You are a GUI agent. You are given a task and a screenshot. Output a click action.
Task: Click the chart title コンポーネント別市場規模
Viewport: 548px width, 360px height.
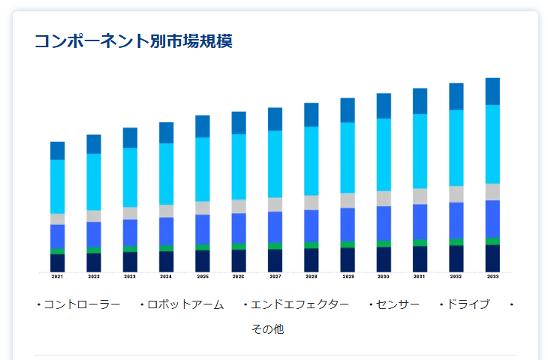click(134, 41)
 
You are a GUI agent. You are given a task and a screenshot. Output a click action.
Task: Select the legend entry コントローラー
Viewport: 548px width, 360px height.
click(82, 304)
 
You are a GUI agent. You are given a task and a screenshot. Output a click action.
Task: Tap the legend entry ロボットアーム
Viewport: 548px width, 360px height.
click(185, 304)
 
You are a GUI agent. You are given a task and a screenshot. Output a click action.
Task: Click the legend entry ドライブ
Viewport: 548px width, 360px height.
click(468, 304)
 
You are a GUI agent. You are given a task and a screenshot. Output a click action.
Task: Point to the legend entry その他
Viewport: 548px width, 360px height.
click(267, 329)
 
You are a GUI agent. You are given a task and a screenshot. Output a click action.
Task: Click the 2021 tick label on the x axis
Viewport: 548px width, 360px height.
click(57, 277)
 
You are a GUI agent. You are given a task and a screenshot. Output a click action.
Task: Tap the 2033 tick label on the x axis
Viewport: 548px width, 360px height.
click(492, 277)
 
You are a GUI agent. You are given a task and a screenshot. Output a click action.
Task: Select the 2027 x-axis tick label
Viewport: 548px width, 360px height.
click(275, 277)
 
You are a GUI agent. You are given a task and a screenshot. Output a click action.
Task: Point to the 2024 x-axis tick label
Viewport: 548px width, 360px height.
click(166, 277)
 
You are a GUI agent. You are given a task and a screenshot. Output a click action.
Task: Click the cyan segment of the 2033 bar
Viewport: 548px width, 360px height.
click(492, 144)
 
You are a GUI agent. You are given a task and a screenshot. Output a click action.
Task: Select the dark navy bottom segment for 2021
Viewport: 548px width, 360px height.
click(57, 262)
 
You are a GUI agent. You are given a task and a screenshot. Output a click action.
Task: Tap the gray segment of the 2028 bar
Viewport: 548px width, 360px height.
click(311, 202)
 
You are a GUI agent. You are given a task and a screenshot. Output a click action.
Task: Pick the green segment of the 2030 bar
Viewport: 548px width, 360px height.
click(384, 244)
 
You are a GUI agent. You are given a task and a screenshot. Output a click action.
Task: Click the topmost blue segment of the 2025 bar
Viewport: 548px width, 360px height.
click(203, 126)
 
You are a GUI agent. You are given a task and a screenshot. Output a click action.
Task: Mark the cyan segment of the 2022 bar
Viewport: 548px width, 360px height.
click(94, 181)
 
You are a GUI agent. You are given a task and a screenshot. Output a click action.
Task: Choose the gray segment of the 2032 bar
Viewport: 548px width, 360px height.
click(456, 194)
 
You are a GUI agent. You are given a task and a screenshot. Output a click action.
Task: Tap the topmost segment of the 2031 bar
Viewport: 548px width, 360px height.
click(420, 101)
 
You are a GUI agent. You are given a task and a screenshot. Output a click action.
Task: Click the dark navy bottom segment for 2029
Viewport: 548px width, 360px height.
click(348, 259)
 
